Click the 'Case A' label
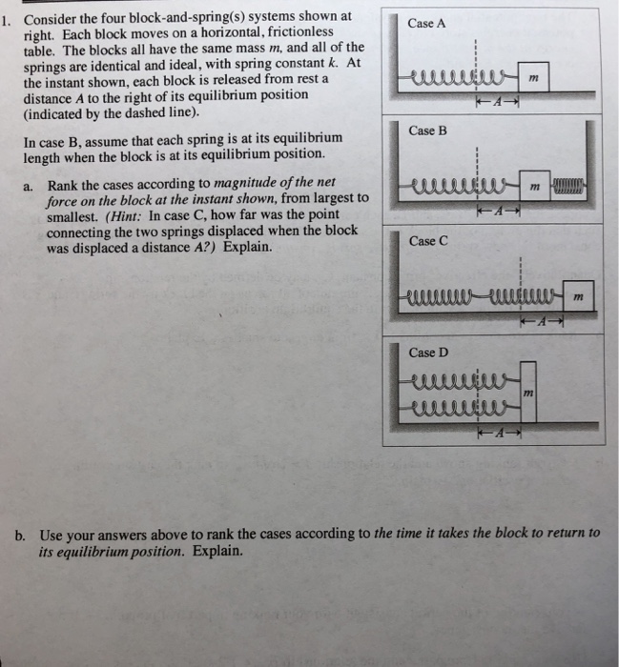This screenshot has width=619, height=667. click(x=425, y=23)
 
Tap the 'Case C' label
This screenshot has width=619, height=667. click(x=427, y=240)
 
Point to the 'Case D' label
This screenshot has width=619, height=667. click(x=427, y=352)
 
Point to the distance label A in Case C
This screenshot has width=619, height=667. click(x=540, y=321)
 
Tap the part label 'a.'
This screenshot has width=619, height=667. click(x=30, y=185)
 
